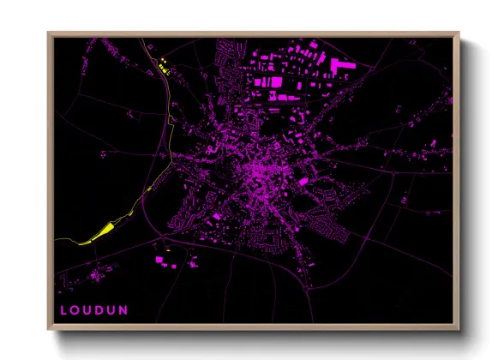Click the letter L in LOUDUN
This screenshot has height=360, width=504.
62,310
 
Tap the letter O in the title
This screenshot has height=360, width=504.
75,310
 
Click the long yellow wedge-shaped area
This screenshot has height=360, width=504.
101,231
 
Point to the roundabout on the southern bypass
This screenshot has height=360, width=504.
283,249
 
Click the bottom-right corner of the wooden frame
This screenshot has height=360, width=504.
459,329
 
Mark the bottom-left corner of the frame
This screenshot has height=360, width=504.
49,329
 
